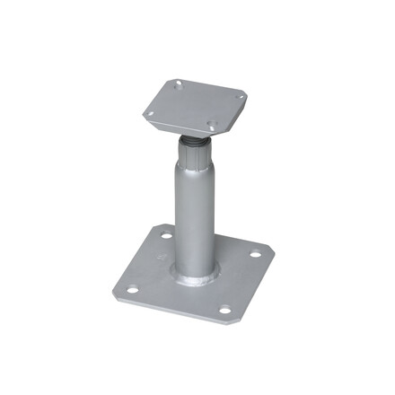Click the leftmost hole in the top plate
(x=150, y=114)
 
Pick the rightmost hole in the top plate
(x=238, y=96)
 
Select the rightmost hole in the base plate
(x=254, y=254)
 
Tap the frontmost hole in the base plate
(x=225, y=311)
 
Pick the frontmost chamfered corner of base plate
(x=229, y=322)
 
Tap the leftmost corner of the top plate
(x=141, y=115)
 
